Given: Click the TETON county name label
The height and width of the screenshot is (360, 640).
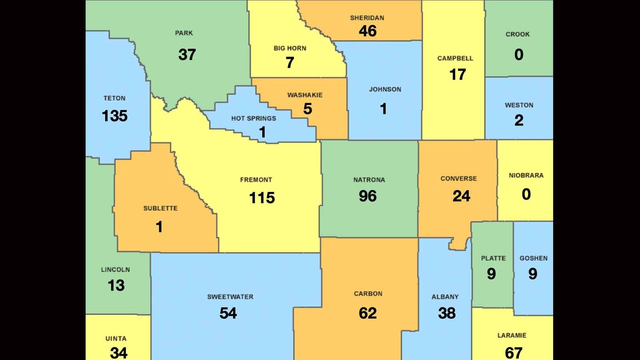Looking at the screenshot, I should [x=114, y=98].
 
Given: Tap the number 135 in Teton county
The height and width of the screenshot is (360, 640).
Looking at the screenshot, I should [x=115, y=116].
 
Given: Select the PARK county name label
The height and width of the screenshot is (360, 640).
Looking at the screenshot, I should [x=184, y=33].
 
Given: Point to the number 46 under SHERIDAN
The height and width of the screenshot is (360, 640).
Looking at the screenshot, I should [x=367, y=31].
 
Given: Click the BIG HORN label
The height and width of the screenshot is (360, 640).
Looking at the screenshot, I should [x=290, y=48].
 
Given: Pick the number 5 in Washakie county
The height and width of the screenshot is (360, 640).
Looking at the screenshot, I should [x=307, y=108].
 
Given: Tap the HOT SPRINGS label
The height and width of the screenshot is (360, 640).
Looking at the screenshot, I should [x=254, y=118].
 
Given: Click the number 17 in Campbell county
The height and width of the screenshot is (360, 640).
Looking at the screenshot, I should [x=457, y=74].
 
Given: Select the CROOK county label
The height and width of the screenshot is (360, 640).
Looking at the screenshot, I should [x=518, y=34].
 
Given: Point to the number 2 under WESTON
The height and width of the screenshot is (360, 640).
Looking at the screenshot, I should [x=519, y=120].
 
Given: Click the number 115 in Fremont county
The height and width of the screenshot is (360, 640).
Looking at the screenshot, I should [x=262, y=198].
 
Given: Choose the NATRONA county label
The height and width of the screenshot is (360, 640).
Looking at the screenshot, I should [x=369, y=180].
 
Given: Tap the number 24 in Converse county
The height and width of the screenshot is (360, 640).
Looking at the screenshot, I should [x=461, y=196].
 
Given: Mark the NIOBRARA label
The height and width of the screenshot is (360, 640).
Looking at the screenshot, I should [x=526, y=176].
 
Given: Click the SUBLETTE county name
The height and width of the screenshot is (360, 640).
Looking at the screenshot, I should [x=160, y=208].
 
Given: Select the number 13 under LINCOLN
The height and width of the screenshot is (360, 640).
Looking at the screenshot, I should [x=116, y=286].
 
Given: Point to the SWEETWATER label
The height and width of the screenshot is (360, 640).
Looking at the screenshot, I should [x=230, y=297].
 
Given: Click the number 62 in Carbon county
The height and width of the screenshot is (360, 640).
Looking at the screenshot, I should [x=368, y=313].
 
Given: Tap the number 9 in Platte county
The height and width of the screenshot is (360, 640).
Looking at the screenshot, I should [x=491, y=274].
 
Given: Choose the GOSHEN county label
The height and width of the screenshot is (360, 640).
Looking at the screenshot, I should [x=534, y=258].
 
